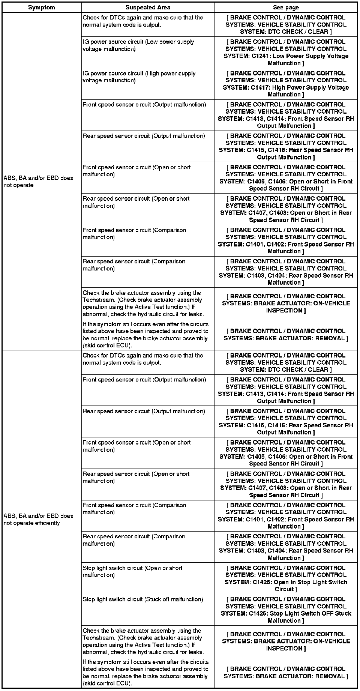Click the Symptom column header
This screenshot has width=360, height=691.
click(x=41, y=7)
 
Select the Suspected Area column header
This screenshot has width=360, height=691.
click(x=148, y=7)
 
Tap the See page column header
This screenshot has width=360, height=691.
click(x=286, y=7)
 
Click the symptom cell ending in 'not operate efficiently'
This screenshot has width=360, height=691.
click(x=38, y=520)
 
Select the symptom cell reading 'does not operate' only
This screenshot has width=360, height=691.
click(x=38, y=182)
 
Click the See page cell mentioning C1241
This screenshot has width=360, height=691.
click(x=286, y=53)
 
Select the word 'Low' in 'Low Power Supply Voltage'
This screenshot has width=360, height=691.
click(x=279, y=56)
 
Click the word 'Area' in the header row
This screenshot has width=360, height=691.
click(x=163, y=7)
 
